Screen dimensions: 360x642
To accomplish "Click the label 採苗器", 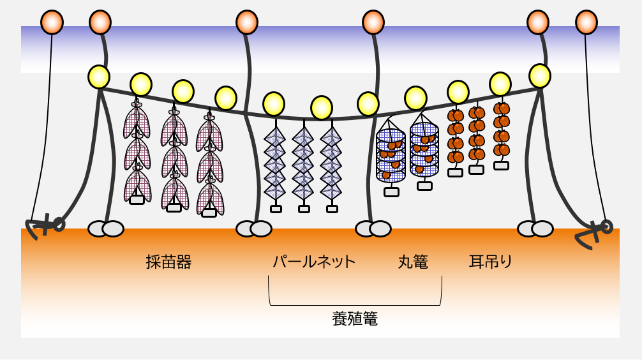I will click(168, 262).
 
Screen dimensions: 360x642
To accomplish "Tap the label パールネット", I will click(314, 262).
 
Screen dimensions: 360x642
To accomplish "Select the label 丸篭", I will click(413, 262).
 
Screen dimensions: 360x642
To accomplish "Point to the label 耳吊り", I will click(491, 262).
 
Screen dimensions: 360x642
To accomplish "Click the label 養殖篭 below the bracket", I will click(355, 319).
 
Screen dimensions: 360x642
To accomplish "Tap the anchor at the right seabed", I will click(594, 232).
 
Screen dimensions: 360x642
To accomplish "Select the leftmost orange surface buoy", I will click(52, 22).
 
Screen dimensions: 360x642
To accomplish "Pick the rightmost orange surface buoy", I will click(586, 22).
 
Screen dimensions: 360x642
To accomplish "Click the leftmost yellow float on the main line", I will click(99, 77).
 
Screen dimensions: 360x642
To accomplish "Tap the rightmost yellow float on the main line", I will click(540, 76).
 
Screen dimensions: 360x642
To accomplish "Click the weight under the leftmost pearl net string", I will click(276, 209).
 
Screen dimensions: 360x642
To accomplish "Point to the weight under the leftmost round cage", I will click(391, 191).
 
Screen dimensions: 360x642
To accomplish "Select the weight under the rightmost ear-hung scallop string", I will click(501, 165).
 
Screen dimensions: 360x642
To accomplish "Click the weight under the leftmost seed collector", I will click(137, 200).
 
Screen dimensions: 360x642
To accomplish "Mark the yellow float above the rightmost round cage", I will click(415, 98).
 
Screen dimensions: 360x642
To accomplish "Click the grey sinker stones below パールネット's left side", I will click(253, 229).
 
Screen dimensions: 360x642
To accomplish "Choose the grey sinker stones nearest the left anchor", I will click(105, 229).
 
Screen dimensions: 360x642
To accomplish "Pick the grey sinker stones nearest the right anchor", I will click(535, 229).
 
